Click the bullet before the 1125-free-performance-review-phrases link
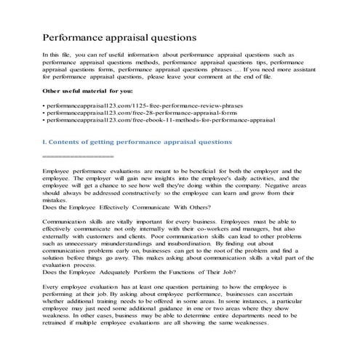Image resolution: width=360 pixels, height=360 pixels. click(44, 107)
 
